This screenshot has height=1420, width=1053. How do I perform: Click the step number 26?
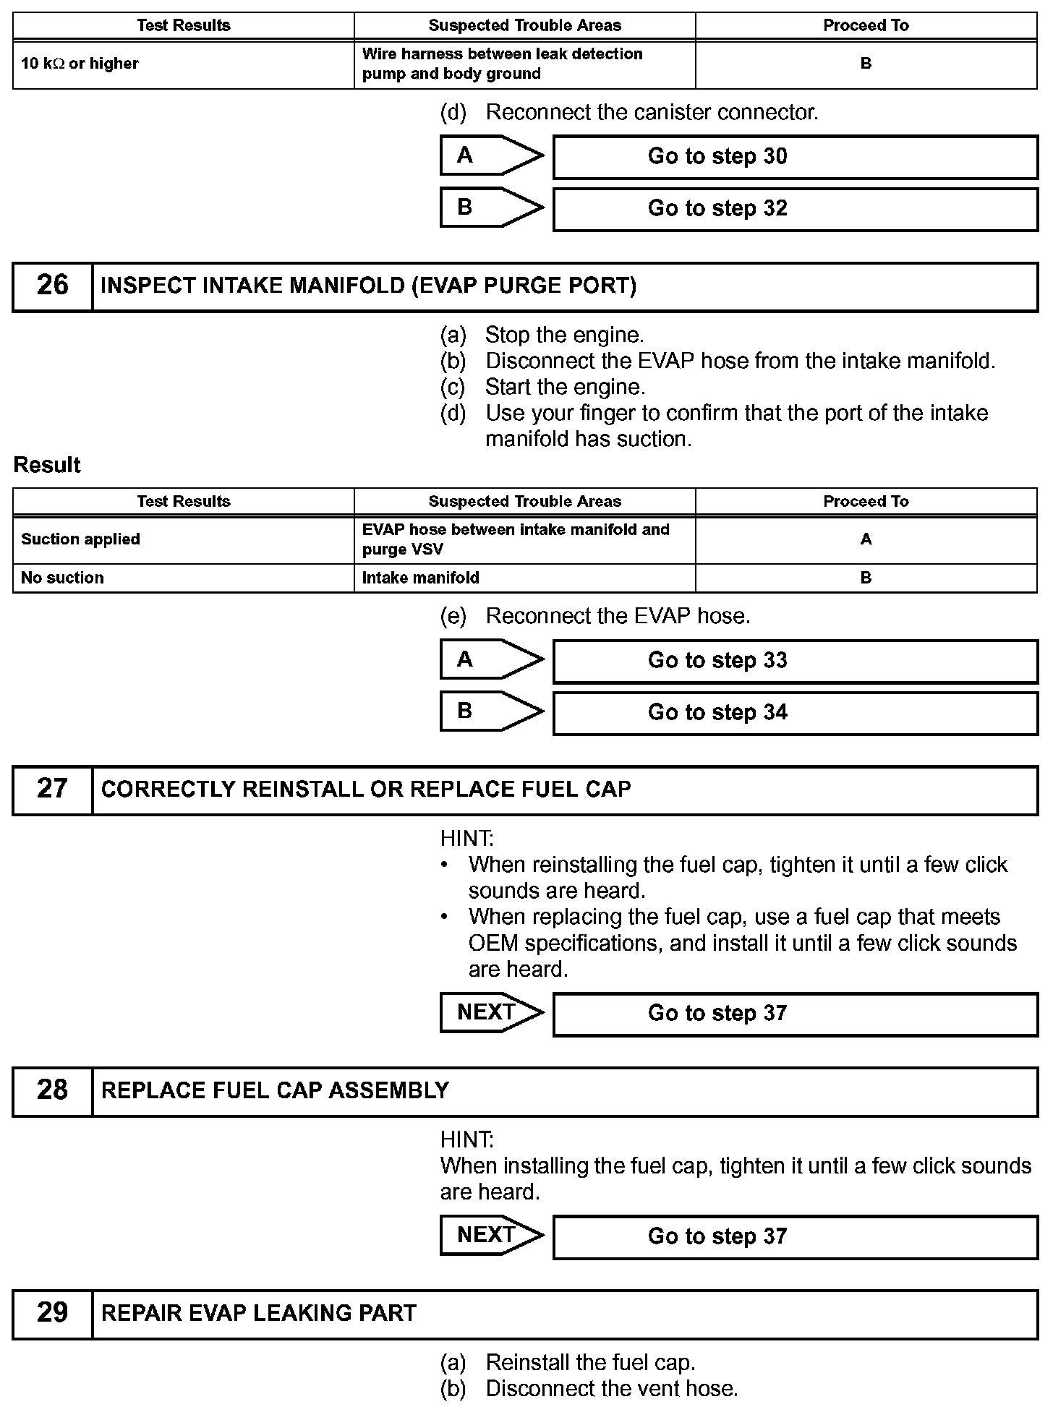52,286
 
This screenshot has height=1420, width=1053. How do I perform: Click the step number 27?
52,789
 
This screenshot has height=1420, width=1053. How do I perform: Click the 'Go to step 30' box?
795,157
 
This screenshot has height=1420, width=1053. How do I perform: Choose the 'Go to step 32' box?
795,209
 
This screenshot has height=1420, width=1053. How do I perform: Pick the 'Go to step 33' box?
795,661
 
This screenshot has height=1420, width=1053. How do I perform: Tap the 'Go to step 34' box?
795,713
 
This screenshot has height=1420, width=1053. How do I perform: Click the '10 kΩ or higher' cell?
183,64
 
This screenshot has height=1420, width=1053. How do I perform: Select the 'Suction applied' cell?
183,539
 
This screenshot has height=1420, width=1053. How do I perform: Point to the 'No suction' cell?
183,578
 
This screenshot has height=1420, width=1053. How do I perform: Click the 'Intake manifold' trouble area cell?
524,578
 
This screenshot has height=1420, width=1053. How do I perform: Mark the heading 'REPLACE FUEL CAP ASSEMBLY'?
275,1090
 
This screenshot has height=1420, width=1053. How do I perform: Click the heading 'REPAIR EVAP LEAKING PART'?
259,1313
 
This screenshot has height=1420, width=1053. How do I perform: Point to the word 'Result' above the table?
47,465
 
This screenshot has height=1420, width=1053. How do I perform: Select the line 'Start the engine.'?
565,388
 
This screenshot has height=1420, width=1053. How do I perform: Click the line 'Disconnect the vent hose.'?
611,1389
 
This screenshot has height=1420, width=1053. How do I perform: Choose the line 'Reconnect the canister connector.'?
651,113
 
